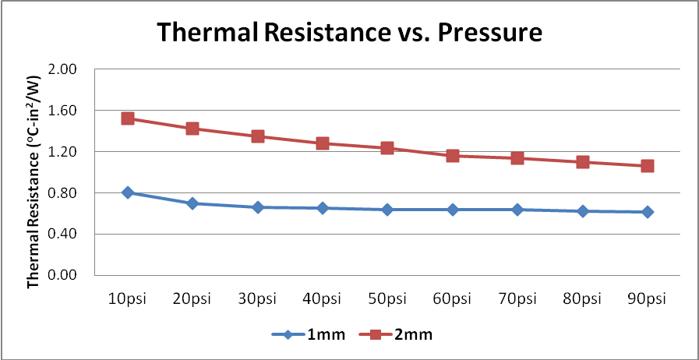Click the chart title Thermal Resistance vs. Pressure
point(349,33)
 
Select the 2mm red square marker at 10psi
point(128,118)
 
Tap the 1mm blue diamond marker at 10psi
point(128,192)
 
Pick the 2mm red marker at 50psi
point(387,148)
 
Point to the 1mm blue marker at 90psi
point(647,212)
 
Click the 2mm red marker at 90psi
point(647,166)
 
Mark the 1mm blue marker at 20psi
point(192,203)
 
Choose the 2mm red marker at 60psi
point(452,156)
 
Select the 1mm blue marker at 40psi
point(323,208)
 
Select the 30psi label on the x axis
point(257,299)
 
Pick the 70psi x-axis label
point(517,299)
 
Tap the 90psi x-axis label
point(647,299)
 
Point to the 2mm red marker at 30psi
point(257,136)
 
